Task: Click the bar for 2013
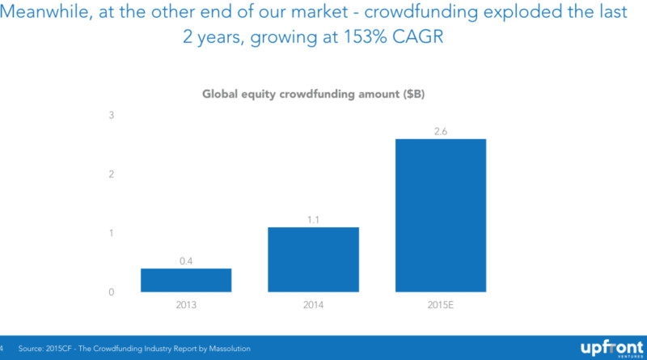point(186,279)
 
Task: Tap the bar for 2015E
point(441,214)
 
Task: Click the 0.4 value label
point(186,260)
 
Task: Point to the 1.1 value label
point(313,218)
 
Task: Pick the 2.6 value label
point(441,130)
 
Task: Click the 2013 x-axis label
point(186,306)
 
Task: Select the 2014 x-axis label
point(313,306)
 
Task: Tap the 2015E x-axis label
point(441,306)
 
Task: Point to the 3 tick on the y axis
point(112,116)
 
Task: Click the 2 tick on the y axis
point(112,175)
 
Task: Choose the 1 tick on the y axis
point(112,234)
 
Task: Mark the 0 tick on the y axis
point(112,292)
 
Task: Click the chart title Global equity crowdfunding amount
point(312,94)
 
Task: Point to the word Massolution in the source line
point(223,349)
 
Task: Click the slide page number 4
point(3,349)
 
